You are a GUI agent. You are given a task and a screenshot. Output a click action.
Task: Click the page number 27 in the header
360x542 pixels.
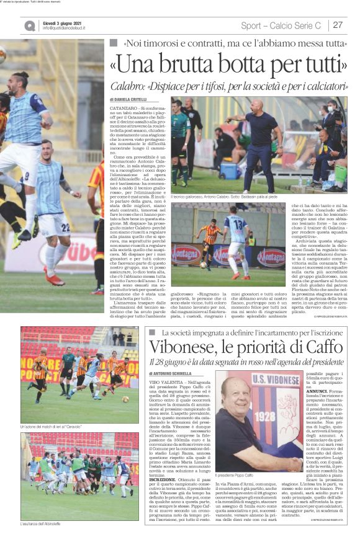(x=338, y=25)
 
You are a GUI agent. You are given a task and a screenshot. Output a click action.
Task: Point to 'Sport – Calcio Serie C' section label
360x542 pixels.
(x=281, y=25)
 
